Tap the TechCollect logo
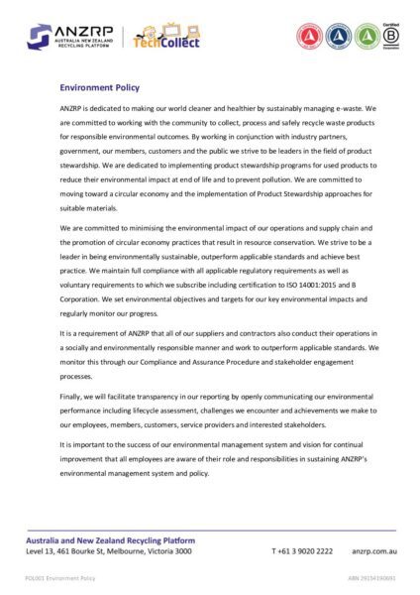pos(166,37)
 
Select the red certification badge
pos(310,36)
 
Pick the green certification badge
pos(367,36)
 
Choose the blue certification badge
pos(339,36)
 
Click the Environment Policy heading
pos(101,87)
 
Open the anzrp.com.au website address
pos(373,550)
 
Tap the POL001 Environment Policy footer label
pos(60,576)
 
